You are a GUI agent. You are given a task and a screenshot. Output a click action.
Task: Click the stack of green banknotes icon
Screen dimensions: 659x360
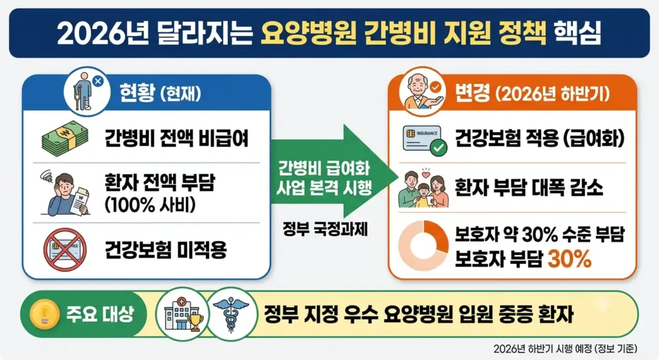(65, 138)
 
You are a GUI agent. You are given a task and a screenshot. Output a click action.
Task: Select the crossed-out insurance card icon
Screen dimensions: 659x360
(65, 251)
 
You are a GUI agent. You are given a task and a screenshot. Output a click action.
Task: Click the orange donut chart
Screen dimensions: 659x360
(423, 245)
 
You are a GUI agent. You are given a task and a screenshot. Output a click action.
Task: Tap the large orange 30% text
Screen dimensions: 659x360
(570, 259)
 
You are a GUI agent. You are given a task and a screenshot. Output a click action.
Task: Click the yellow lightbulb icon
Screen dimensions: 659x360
(44, 314)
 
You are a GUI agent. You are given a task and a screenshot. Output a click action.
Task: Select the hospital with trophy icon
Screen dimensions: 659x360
(183, 314)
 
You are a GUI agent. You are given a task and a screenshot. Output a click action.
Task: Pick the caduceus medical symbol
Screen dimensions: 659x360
(231, 314)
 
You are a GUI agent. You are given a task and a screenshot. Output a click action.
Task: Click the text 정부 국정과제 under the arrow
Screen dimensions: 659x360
(325, 230)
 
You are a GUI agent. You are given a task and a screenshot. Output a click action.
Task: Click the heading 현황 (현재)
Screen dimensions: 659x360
(160, 93)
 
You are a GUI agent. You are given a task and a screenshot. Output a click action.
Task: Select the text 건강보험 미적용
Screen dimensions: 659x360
(166, 251)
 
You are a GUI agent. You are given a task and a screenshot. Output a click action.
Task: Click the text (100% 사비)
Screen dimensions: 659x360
(150, 204)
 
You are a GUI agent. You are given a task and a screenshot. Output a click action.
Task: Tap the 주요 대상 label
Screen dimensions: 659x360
(100, 314)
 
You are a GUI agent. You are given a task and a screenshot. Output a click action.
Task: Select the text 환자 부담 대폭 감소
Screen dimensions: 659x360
(529, 187)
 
